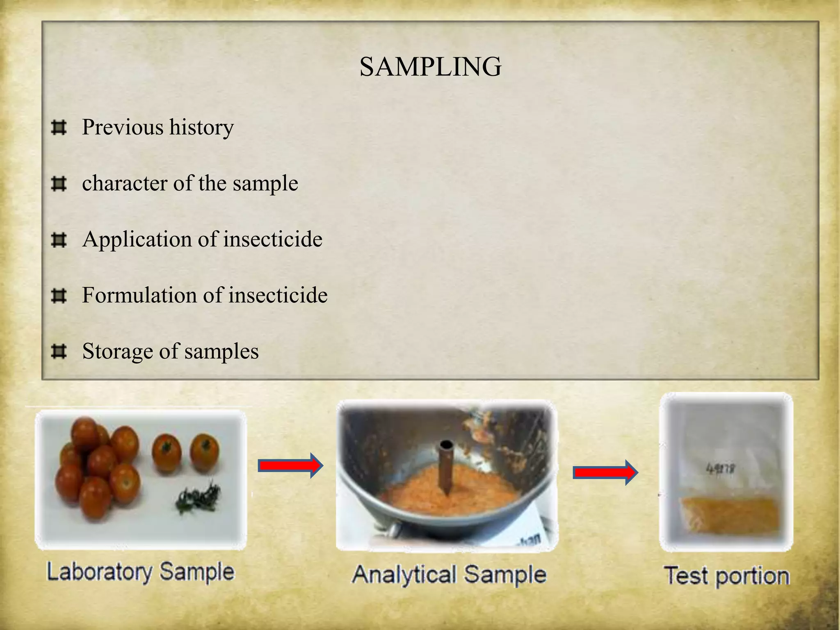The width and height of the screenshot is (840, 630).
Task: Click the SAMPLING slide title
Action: click(x=430, y=66)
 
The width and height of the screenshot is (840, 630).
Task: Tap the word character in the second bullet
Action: click(x=125, y=183)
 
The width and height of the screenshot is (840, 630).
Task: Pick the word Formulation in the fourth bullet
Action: click(x=140, y=295)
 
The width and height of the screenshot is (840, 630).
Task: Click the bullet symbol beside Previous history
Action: click(x=59, y=128)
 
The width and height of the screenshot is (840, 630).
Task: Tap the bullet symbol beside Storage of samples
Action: click(x=59, y=352)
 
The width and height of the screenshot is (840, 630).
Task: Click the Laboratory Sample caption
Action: click(x=140, y=572)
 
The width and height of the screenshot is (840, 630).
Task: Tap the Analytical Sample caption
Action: click(x=449, y=574)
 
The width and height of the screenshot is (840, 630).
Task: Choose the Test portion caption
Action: click(x=726, y=576)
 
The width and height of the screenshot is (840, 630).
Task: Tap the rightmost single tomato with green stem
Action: click(x=205, y=453)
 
